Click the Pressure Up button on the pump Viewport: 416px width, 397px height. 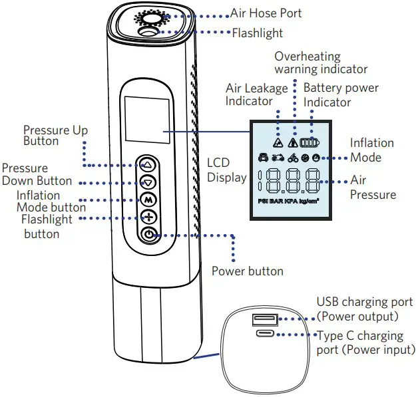tap(149, 164)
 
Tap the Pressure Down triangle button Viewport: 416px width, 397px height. tap(149, 182)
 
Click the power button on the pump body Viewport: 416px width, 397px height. tap(149, 235)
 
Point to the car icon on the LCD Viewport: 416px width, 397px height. tap(262, 158)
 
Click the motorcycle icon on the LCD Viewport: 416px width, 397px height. tap(277, 158)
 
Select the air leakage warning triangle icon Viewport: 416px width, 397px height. tap(278, 142)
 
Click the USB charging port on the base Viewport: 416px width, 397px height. tap(259, 321)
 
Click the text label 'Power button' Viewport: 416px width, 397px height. tap(247, 271)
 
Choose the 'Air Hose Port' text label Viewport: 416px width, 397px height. tap(266, 13)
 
